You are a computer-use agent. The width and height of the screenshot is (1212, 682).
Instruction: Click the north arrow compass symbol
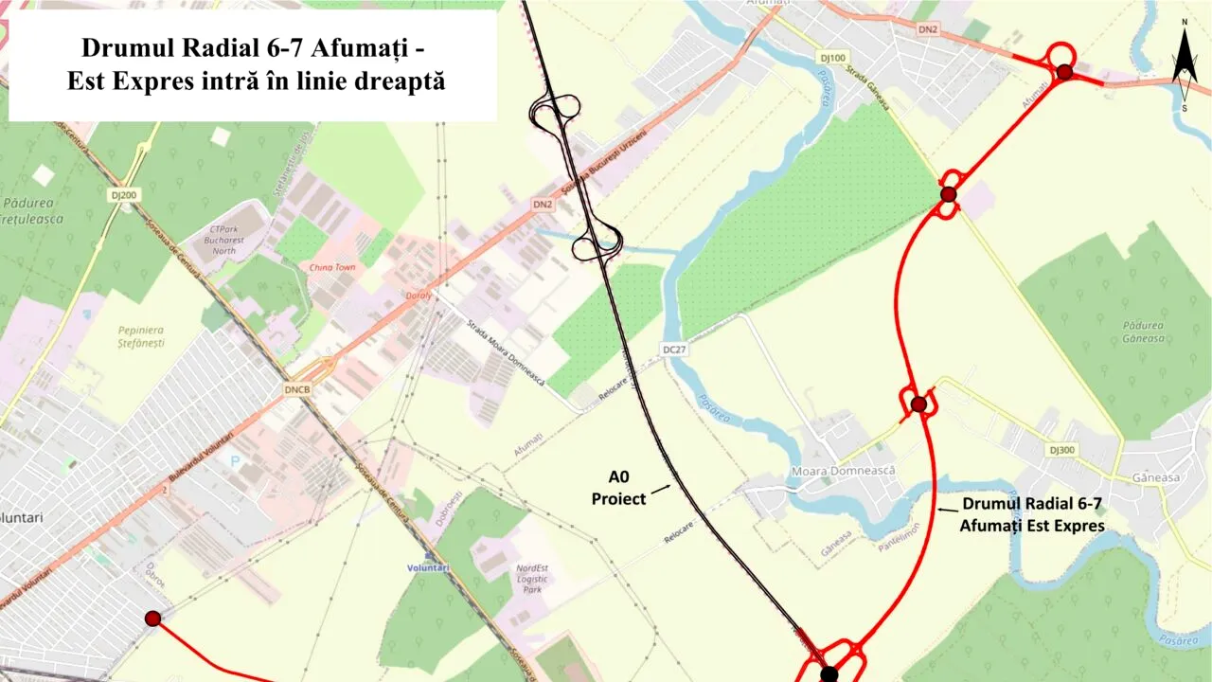tap(1184, 66)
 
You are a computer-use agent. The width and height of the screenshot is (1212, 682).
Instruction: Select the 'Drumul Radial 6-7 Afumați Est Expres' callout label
tap(1031, 515)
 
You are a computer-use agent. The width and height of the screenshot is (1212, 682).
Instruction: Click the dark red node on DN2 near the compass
tap(1064, 72)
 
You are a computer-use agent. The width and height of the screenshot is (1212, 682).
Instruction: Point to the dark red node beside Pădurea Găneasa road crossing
tap(948, 194)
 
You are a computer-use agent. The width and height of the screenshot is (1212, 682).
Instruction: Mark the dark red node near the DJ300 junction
tap(918, 404)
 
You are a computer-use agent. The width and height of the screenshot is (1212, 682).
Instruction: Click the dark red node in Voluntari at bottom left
tap(152, 619)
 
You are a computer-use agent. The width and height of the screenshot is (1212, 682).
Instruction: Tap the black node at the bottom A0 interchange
tap(829, 673)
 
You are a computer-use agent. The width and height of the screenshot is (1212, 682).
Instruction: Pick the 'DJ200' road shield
tap(123, 195)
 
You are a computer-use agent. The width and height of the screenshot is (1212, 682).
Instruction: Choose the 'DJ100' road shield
tap(832, 58)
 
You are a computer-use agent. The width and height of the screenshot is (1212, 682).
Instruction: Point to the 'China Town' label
tap(332, 267)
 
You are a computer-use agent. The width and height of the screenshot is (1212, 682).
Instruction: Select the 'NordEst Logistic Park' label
tap(530, 579)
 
